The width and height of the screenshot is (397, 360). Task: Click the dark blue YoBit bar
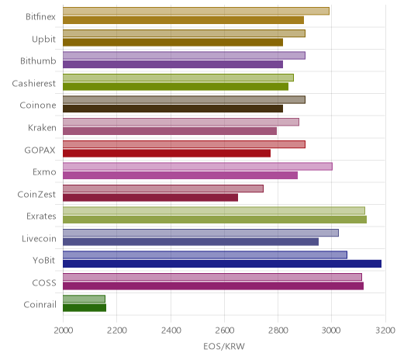[222, 264]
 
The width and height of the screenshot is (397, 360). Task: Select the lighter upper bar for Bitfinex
[196, 11]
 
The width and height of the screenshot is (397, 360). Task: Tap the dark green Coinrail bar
[85, 308]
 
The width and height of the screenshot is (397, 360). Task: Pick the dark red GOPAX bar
[167, 154]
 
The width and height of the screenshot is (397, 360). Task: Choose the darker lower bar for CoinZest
[150, 198]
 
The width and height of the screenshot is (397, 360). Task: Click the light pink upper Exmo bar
[198, 167]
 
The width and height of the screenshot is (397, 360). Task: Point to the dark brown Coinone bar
[173, 109]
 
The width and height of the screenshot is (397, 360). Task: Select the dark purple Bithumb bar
[173, 64]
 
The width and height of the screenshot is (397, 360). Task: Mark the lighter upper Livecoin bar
[201, 233]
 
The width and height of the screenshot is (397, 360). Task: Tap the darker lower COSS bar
[213, 286]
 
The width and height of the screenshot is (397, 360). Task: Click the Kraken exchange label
[42, 128]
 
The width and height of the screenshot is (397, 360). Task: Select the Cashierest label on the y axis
[34, 84]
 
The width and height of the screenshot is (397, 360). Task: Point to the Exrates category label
[41, 216]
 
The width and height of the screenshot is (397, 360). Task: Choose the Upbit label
[43, 40]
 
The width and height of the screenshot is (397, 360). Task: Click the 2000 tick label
[64, 331]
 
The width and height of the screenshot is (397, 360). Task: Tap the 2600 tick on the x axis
[224, 331]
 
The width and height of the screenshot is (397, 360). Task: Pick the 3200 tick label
[385, 331]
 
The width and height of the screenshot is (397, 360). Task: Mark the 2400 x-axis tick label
[171, 331]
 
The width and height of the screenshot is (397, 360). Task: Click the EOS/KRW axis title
[224, 347]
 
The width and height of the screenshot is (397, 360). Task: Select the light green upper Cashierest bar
[178, 78]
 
